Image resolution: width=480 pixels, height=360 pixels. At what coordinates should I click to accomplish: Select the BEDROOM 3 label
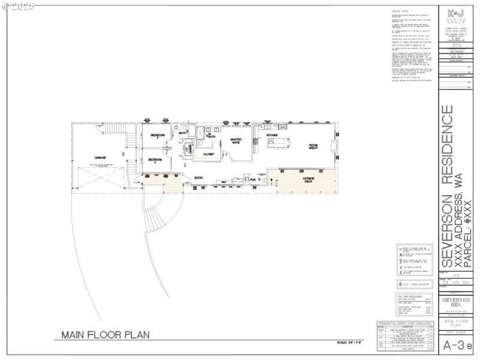coord(158,136)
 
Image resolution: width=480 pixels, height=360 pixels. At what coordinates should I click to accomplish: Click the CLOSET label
coord(209,154)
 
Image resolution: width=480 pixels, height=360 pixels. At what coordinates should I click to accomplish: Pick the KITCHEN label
coord(272,136)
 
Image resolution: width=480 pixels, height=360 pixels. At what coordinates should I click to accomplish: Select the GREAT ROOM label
coord(313,146)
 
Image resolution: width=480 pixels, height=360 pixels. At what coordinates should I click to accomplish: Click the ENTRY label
coord(199,178)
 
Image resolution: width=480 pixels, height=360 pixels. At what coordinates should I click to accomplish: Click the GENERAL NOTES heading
coord(400,11)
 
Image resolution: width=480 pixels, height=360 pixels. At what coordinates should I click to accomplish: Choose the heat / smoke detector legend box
coord(415,284)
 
